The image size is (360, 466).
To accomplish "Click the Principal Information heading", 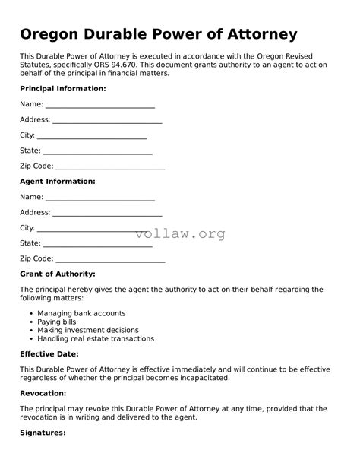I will pos(62,88).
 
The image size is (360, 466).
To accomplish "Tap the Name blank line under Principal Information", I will pos(100,105).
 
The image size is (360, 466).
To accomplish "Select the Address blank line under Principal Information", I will pos(107,120).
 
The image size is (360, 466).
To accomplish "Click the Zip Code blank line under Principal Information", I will pos(110,166).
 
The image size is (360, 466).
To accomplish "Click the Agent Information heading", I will pos(57,182).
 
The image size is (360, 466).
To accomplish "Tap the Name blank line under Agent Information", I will pos(100,198).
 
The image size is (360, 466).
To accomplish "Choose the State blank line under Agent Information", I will pos(97,244).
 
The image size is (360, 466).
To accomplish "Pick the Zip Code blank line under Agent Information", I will pos(110,259).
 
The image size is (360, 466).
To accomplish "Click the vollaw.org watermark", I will pos(180,234).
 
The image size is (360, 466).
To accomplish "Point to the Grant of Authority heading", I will pos(57,274).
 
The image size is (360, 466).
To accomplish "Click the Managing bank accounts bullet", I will pos(81,313).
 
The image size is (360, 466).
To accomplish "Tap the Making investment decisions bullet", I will pos(87,331).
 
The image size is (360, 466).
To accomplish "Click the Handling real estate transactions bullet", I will pos(95,339).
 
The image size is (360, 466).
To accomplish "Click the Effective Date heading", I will pos(49,353).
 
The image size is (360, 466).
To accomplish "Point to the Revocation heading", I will pos(43,393).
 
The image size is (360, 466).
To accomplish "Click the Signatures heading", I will pos(43,433).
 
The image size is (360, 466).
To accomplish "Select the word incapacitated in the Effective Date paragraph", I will pos(201,378).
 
